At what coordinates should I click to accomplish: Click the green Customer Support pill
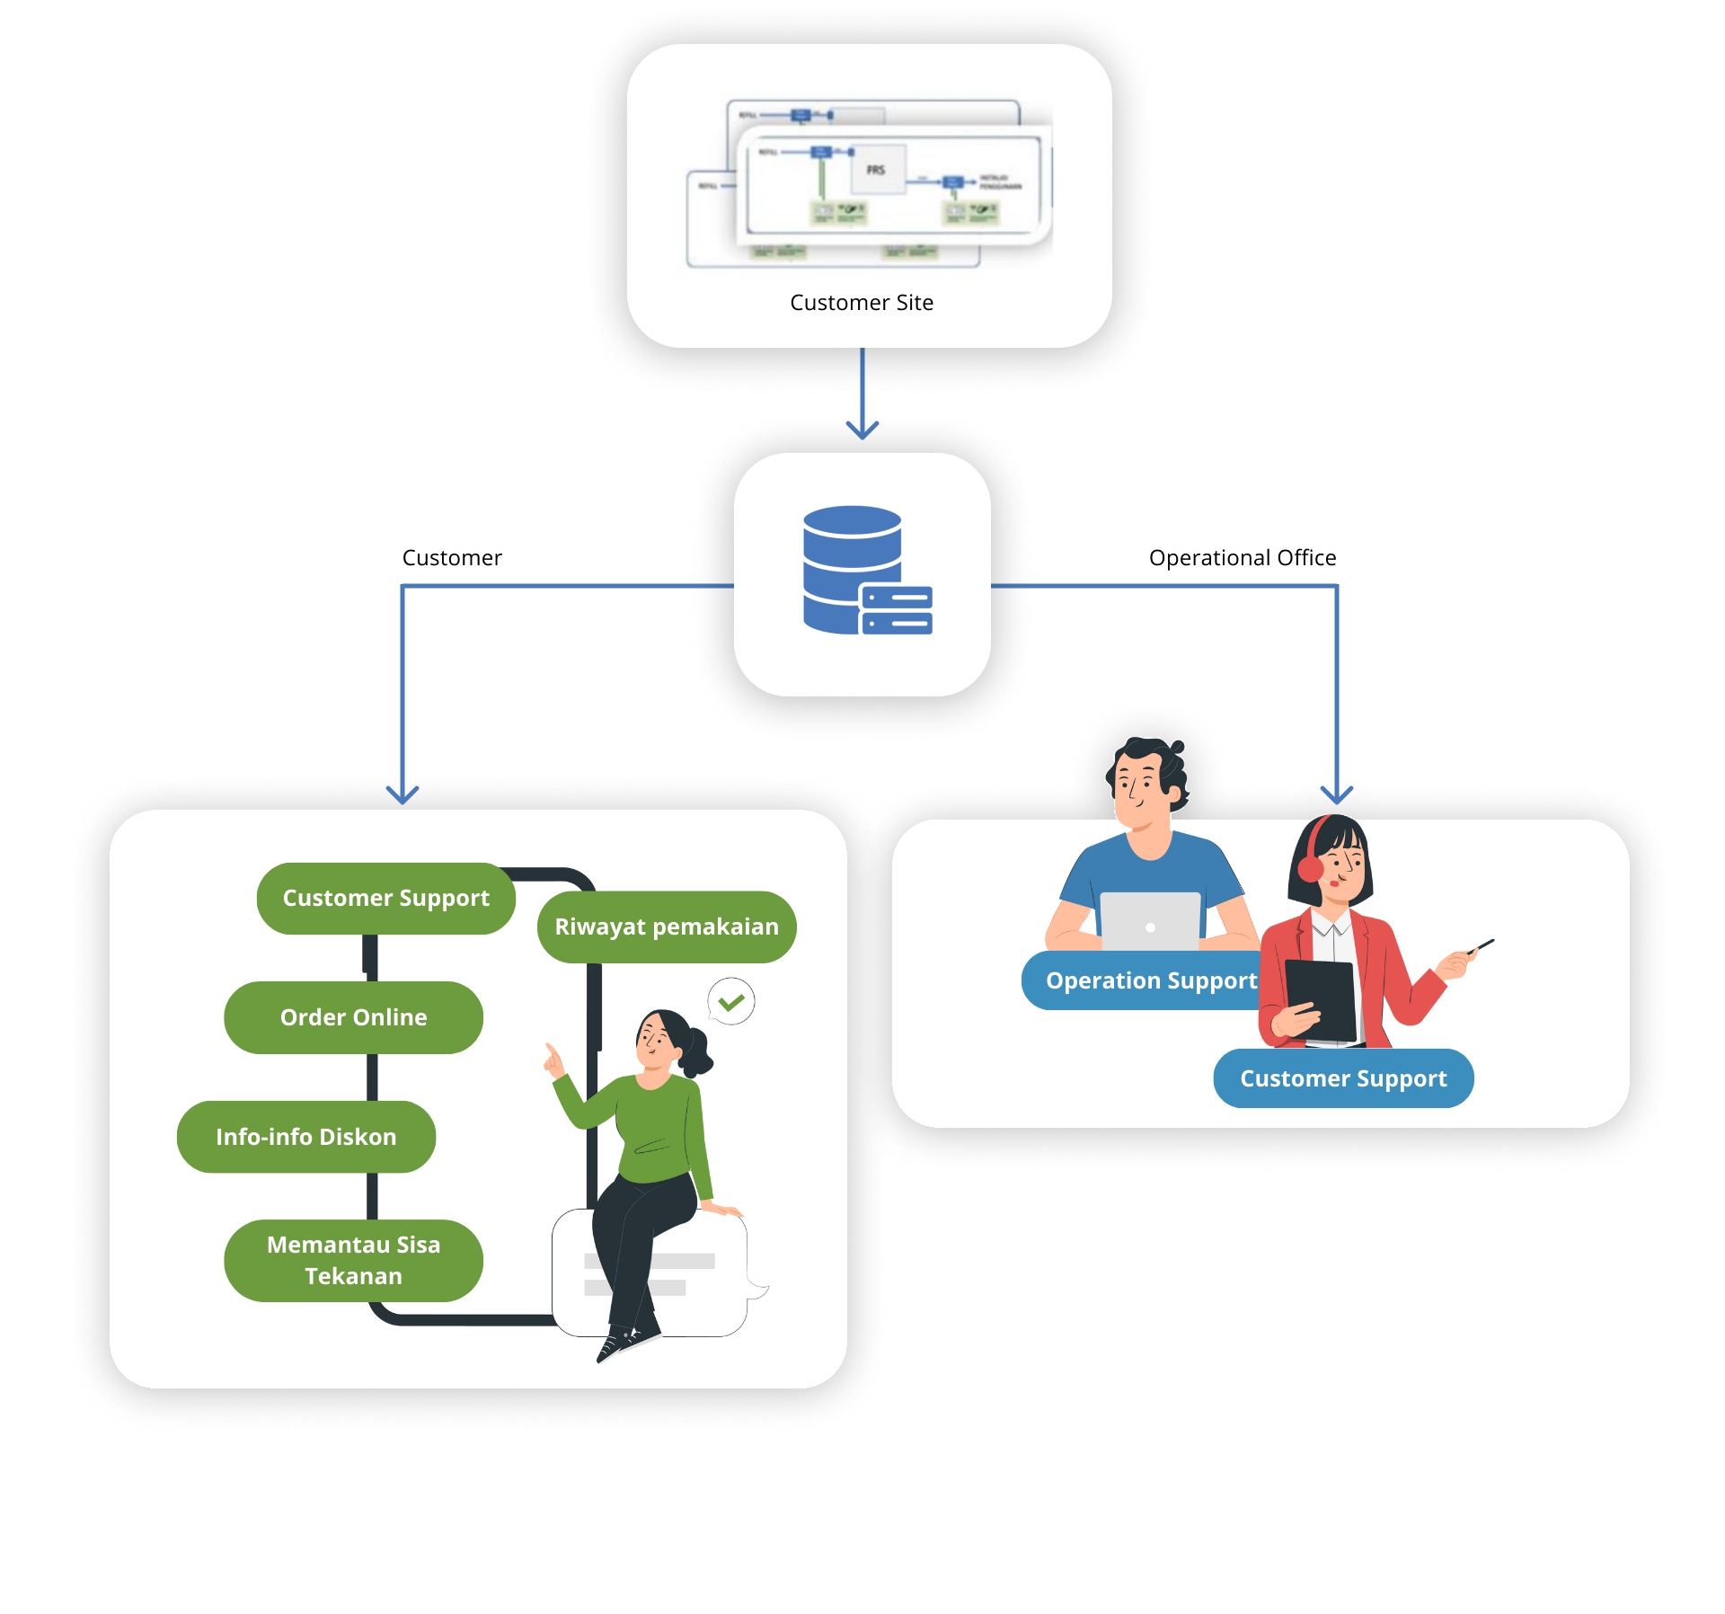pyautogui.click(x=386, y=899)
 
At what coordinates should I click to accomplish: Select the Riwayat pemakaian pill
pyautogui.click(x=667, y=927)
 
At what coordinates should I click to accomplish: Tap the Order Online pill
pyautogui.click(x=353, y=1017)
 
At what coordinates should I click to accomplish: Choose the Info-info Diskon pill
pyautogui.click(x=306, y=1137)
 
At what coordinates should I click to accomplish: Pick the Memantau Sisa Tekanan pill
pyautogui.click(x=353, y=1260)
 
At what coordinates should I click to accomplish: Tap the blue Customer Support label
pyautogui.click(x=1343, y=1078)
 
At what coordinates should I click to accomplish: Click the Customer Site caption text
pyautogui.click(x=862, y=303)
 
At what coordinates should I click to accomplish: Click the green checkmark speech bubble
pyautogui.click(x=731, y=1001)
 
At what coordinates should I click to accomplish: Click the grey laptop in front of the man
pyautogui.click(x=1150, y=921)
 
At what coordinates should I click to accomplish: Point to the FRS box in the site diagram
pyautogui.click(x=876, y=170)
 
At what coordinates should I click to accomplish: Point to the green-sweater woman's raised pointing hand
pyautogui.click(x=553, y=1060)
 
